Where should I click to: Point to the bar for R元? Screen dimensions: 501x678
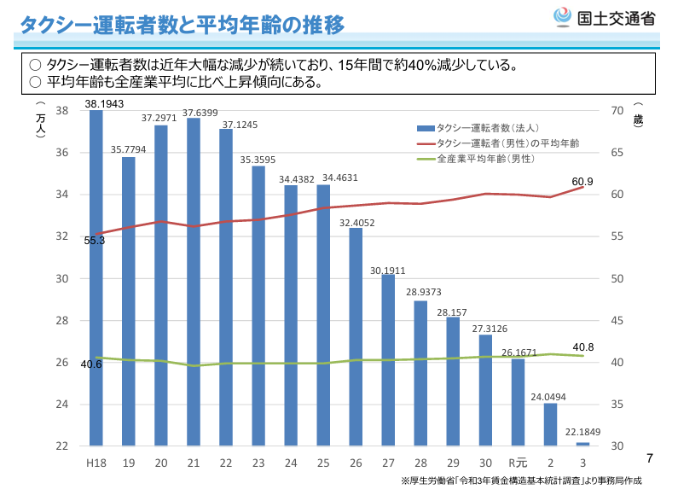518,402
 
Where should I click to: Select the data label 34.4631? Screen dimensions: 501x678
340,178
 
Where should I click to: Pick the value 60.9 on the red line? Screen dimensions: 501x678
582,182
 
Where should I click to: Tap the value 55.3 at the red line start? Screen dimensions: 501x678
95,241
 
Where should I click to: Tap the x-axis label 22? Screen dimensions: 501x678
226,462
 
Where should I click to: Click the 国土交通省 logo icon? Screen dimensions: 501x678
563,17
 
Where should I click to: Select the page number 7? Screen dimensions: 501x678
650,458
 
